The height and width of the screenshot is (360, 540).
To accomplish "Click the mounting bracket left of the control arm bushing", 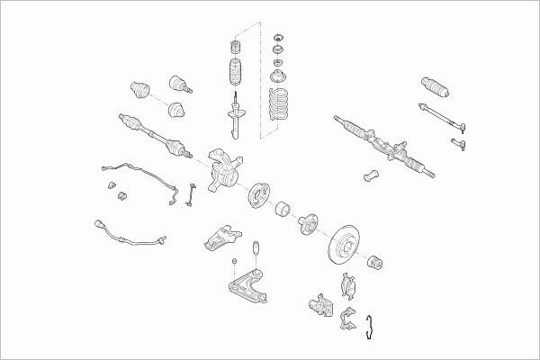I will [220, 239].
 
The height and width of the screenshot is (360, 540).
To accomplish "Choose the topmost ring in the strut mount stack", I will [278, 37].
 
